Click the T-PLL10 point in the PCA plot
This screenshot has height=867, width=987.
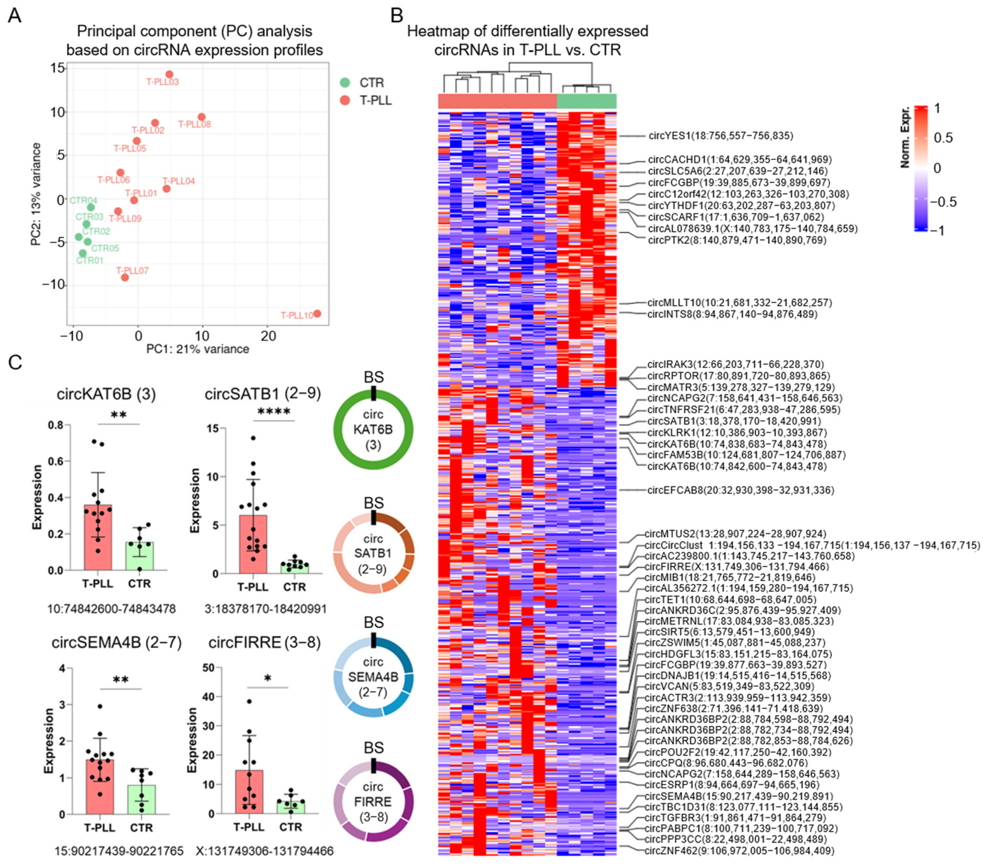317,314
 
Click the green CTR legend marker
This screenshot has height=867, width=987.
344,83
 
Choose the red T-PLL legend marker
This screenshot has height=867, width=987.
344,101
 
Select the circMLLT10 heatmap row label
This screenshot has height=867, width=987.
740,303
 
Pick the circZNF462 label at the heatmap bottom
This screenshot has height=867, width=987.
739,850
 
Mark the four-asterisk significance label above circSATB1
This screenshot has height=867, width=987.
274,412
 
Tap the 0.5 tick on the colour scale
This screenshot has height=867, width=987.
943,138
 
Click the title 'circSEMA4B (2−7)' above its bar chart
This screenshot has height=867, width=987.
117,642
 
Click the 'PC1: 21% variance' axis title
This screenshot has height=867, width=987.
198,349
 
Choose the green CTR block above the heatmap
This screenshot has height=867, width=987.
587,101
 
